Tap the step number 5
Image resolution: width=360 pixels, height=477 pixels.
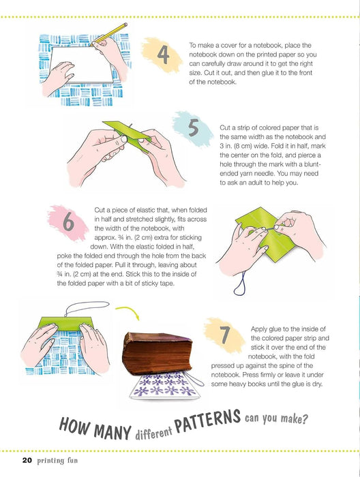(194, 127)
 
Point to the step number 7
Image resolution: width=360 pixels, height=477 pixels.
(225, 335)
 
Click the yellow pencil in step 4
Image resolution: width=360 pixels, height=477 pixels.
(109, 33)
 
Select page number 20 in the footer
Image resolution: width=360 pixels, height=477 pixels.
(27, 460)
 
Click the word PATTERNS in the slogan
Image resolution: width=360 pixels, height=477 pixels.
(207, 421)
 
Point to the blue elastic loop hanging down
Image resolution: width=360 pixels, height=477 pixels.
(241, 283)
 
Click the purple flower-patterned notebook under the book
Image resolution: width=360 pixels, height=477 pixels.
(165, 386)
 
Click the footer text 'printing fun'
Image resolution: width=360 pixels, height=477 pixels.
(57, 461)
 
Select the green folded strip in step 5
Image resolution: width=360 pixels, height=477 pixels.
(127, 134)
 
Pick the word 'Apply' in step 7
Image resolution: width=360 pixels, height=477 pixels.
(258, 329)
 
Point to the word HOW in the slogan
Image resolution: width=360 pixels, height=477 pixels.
(74, 425)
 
